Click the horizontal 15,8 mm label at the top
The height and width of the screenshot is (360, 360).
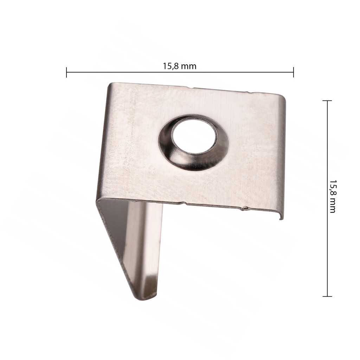pos(180,66)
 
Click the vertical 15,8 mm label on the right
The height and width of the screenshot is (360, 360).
pos(332,196)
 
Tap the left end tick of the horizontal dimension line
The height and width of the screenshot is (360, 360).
pos(66,72)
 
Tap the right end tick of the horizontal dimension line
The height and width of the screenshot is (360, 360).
pos(294,72)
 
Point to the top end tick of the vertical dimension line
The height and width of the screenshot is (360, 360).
pos(327,101)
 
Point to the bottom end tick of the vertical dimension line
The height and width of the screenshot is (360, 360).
pos(327,296)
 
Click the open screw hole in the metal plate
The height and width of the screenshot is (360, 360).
pos(194,136)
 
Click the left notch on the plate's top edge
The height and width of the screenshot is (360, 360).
pos(190,88)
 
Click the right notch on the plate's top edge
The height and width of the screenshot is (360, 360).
pos(248,92)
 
